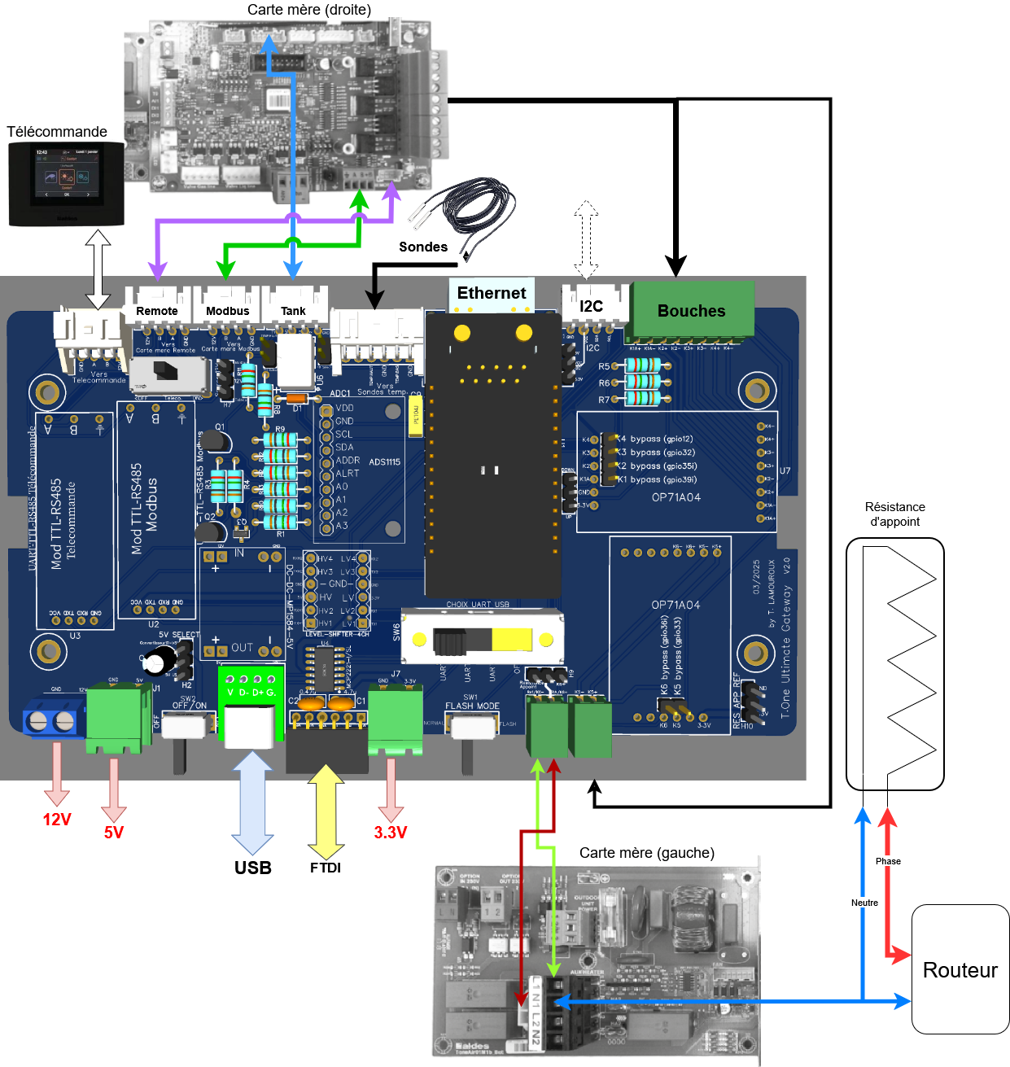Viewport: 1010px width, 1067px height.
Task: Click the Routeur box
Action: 960,969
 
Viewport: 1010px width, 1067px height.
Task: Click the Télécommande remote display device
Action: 66,184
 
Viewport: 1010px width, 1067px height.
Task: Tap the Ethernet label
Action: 491,293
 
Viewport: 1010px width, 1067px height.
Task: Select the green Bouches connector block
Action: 693,310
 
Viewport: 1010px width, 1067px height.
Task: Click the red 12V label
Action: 57,820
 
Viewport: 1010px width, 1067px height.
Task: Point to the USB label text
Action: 253,868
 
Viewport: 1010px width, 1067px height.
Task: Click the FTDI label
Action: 326,868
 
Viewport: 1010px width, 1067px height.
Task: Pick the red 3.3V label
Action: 391,832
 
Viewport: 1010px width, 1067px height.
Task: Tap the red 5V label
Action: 114,832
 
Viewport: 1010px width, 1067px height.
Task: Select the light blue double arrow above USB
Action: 253,802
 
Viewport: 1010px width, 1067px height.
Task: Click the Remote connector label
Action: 157,311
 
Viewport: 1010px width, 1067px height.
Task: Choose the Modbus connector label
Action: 228,311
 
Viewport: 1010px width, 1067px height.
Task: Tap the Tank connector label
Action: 293,311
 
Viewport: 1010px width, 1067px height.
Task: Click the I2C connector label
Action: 592,306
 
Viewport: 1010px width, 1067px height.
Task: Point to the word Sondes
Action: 423,247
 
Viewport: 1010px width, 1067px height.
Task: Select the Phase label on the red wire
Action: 888,861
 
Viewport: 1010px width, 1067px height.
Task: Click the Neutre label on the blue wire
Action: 864,903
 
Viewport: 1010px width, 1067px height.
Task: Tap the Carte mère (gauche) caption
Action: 647,853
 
